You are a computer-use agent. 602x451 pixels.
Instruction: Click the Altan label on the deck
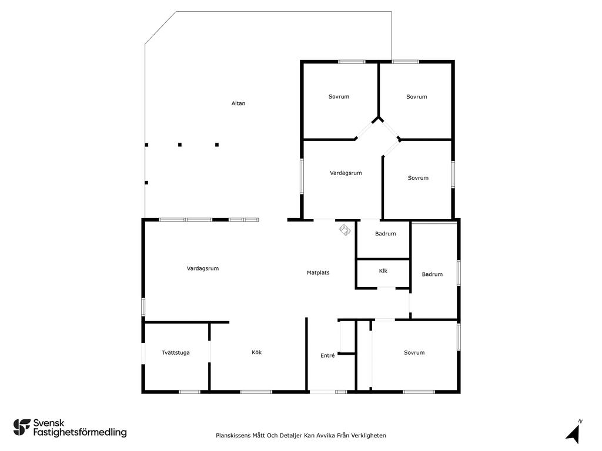[238, 103]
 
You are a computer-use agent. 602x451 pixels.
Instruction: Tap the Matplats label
[318, 272]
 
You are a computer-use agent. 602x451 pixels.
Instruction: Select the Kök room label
[256, 352]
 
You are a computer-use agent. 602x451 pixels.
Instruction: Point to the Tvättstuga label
[175, 352]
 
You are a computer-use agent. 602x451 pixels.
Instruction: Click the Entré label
[327, 355]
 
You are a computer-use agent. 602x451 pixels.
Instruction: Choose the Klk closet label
[383, 271]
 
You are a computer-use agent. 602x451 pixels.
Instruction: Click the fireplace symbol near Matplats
[345, 230]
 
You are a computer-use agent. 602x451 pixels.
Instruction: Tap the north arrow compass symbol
[573, 433]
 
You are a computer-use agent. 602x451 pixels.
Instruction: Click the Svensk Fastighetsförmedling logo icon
[22, 428]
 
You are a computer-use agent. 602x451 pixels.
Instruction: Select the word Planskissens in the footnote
[233, 435]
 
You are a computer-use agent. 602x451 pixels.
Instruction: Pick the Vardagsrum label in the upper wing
[346, 173]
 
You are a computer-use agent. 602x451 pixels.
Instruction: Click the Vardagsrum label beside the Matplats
[203, 268]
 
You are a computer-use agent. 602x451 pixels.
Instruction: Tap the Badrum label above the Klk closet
[385, 234]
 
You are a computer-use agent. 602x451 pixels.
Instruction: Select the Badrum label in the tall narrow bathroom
[432, 274]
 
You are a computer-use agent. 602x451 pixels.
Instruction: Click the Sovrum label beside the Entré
[414, 352]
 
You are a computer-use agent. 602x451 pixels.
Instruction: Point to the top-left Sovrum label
[339, 97]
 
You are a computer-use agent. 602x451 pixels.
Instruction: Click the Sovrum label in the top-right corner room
[417, 97]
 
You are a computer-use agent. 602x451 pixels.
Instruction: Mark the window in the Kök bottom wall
[256, 392]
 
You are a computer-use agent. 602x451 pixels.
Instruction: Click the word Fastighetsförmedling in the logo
[80, 432]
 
